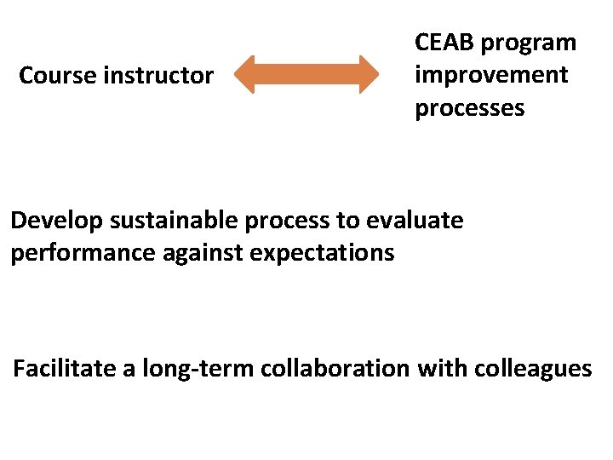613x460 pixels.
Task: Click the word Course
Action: coord(58,76)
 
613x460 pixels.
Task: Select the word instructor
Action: coord(158,76)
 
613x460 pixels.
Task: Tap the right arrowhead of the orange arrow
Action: coord(368,75)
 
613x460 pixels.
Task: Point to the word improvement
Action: coord(491,75)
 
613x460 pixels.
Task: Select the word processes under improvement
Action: coord(469,109)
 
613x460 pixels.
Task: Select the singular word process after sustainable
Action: coord(289,221)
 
